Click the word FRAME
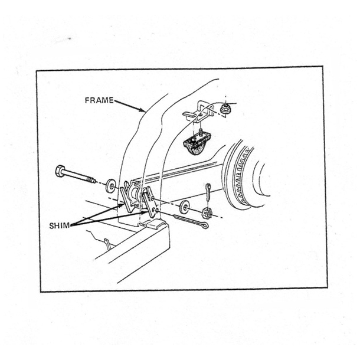click(99, 100)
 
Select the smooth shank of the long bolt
click(78, 176)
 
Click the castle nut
click(207, 213)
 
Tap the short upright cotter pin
click(210, 191)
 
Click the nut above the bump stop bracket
click(224, 109)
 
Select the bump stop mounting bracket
click(198, 112)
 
